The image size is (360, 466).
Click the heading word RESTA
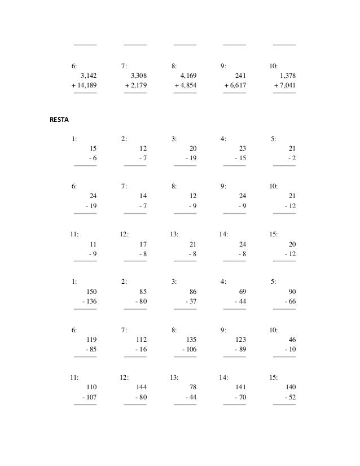59,120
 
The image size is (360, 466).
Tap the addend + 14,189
84,85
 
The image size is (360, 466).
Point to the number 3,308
139,75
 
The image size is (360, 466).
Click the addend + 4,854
186,85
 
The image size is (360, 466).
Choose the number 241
239,75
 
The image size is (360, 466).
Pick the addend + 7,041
285,85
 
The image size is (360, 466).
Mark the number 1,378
287,75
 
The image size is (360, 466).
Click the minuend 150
91,292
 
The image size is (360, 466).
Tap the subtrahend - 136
89,302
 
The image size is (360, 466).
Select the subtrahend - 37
191,302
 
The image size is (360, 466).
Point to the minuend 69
243,292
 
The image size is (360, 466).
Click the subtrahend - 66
290,302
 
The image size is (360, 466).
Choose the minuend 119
91,340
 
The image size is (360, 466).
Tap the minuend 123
240,340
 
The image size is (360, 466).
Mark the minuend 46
292,340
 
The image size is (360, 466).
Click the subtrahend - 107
89,398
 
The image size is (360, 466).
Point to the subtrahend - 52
290,398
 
